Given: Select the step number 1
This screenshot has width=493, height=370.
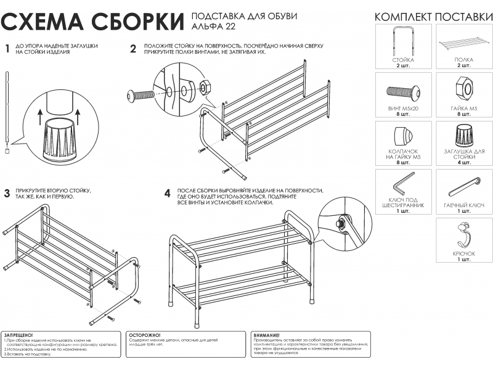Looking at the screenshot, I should [x=7, y=49].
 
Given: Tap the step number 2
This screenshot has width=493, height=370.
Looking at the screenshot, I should [x=133, y=49].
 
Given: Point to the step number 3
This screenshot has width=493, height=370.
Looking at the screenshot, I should [x=7, y=193].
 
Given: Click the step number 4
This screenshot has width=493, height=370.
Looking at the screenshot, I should [x=167, y=193].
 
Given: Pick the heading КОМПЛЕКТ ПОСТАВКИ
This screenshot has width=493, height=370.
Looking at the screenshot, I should [x=433, y=16].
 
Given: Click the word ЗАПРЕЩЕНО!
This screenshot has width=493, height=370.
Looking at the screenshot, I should [x=19, y=334].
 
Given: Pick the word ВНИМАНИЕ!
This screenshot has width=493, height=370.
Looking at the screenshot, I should [x=267, y=334].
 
